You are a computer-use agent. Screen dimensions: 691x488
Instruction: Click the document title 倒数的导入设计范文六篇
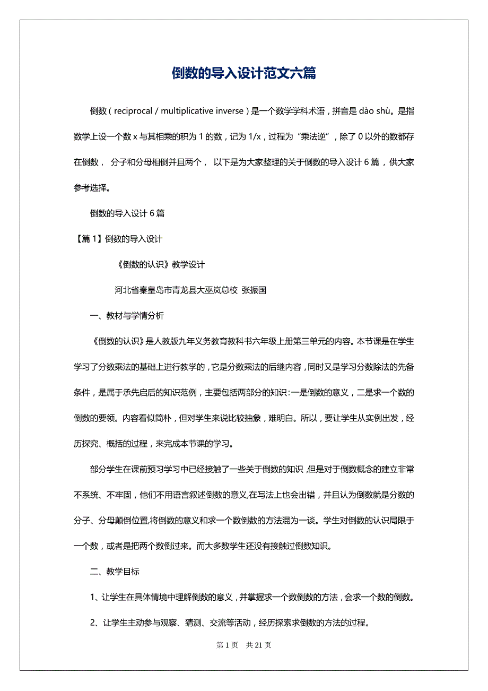point(244,73)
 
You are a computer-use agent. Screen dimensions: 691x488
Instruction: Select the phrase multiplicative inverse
point(203,111)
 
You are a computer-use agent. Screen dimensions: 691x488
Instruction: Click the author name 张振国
point(254,290)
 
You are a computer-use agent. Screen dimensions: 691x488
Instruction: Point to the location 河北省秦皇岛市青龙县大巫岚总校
point(176,290)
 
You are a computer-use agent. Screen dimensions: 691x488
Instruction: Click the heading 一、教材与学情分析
point(127,316)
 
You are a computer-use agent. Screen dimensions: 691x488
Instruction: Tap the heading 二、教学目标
point(115,572)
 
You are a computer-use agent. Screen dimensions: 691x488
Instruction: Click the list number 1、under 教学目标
point(95,597)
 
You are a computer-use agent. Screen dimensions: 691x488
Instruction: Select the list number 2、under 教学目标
point(95,623)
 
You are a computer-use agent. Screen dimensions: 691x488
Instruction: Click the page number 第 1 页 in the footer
point(228,645)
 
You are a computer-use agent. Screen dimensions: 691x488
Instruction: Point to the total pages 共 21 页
point(259,645)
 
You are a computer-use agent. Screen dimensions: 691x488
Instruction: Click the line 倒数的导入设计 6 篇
point(127,213)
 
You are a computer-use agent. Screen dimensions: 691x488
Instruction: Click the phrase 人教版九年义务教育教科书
point(204,341)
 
